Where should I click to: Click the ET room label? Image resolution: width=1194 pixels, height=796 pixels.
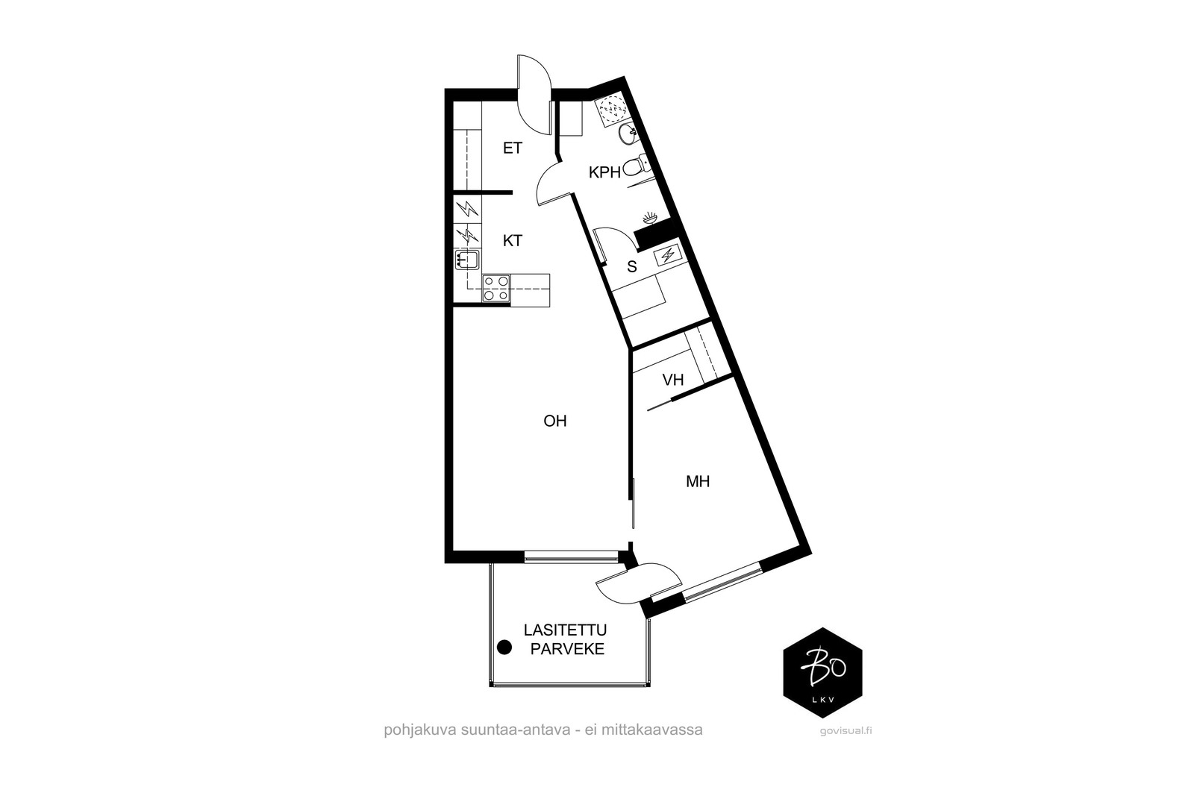tap(512, 148)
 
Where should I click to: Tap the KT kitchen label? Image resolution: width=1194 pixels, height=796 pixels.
tap(512, 241)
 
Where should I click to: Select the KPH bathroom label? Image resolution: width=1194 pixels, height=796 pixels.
tap(604, 172)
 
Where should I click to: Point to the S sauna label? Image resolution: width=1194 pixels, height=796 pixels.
tap(632, 267)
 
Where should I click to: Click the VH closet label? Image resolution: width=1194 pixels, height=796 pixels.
tap(672, 380)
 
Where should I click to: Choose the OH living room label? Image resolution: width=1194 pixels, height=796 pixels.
tap(555, 421)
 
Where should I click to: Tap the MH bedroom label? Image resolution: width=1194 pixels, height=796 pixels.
tap(698, 482)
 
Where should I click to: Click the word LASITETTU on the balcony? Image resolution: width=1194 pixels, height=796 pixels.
tap(565, 630)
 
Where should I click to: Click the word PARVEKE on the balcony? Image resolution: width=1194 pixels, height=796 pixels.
tap(567, 650)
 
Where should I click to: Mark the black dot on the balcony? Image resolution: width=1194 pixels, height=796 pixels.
tap(504, 648)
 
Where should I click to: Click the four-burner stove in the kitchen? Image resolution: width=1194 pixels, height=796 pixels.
tap(496, 288)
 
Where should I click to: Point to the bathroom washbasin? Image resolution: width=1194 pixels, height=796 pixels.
tap(628, 134)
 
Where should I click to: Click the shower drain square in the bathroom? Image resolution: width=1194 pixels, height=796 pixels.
tap(611, 110)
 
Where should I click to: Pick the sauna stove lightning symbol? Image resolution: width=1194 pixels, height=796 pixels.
tap(667, 256)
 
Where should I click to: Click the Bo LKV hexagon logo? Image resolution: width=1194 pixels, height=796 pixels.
tap(822, 672)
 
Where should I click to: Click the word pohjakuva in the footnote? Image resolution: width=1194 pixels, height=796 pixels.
tap(420, 730)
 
